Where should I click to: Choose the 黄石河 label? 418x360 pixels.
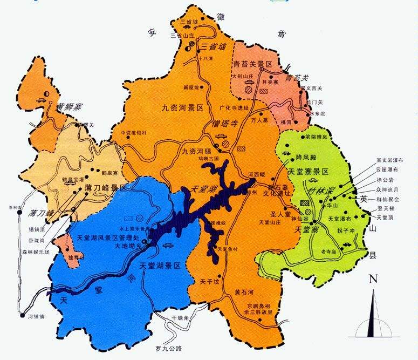(x=244, y=293)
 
